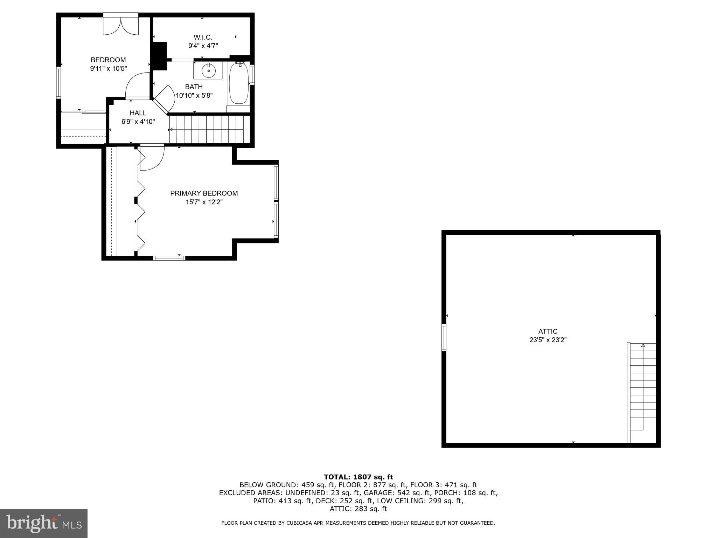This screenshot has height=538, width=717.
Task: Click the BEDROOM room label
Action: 108,60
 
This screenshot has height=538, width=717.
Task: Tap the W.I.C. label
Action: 203,37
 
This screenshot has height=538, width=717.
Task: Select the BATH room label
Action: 194,87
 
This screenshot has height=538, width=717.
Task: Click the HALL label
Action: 138,113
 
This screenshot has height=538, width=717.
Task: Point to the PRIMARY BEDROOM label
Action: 204,193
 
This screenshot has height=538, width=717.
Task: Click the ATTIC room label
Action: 548,331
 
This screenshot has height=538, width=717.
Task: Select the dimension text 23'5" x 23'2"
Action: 548,340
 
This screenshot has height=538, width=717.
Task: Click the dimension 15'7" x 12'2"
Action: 204,202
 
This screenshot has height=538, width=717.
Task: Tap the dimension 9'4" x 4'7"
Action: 203,46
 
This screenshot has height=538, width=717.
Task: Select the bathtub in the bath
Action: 239,83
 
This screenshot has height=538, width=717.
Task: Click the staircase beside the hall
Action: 209,130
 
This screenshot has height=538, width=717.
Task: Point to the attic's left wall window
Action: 444,338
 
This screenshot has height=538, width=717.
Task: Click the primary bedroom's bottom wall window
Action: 169,258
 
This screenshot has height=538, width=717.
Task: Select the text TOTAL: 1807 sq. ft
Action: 358,477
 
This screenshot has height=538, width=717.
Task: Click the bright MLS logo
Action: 44,523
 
